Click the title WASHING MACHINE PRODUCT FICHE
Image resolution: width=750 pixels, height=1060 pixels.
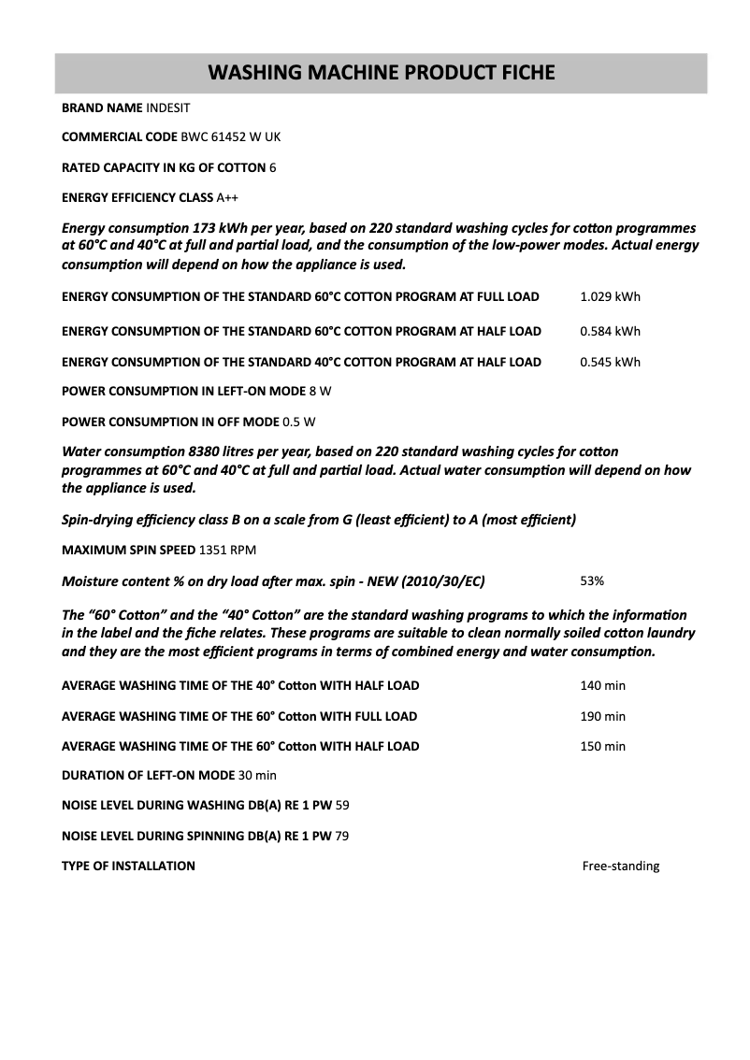pyautogui.click(x=381, y=72)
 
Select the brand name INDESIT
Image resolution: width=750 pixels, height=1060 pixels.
pyautogui.click(x=168, y=107)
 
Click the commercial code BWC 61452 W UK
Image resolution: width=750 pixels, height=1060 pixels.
pyautogui.click(x=230, y=137)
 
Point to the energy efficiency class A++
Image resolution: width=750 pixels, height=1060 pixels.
pyautogui.click(x=227, y=197)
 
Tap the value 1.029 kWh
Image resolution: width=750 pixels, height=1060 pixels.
pyautogui.click(x=610, y=297)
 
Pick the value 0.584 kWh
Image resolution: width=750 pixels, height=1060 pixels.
pyautogui.click(x=610, y=331)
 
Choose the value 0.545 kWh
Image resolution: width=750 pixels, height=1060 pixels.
pyautogui.click(x=610, y=362)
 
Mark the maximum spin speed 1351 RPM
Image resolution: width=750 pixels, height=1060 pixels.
pyautogui.click(x=227, y=549)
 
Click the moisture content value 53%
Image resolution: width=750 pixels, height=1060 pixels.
pyautogui.click(x=592, y=580)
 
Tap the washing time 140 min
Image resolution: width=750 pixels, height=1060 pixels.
pyautogui.click(x=602, y=685)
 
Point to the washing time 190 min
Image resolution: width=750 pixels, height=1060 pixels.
pyautogui.click(x=602, y=716)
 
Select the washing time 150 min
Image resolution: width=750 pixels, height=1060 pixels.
pyautogui.click(x=602, y=746)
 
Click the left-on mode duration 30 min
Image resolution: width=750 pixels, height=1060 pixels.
pyautogui.click(x=257, y=775)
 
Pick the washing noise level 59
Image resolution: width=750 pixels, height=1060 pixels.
pyautogui.click(x=341, y=805)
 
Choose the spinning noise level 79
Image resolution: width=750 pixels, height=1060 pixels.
pyautogui.click(x=341, y=836)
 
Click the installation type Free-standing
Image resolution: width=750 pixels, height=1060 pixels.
pyautogui.click(x=620, y=866)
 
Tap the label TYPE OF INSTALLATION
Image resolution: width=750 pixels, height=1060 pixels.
pyautogui.click(x=128, y=866)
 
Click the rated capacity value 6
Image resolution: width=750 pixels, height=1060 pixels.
pyautogui.click(x=272, y=167)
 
